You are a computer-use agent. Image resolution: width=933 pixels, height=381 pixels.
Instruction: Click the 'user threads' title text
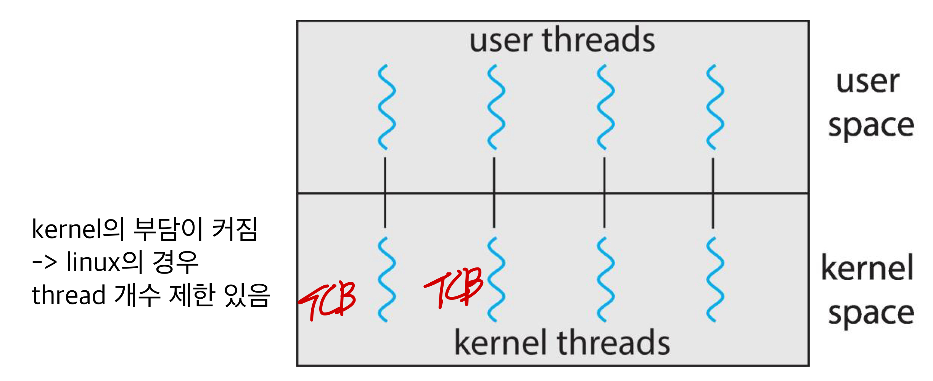(x=562, y=40)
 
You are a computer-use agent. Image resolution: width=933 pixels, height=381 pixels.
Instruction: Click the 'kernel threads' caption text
(x=562, y=343)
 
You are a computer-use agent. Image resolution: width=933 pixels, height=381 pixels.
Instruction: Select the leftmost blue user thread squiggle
(x=386, y=107)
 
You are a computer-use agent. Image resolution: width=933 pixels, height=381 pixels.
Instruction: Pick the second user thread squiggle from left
(x=495, y=107)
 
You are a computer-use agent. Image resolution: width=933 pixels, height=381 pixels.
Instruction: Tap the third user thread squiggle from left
(x=605, y=107)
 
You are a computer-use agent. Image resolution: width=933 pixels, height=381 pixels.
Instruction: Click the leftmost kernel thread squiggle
(x=386, y=279)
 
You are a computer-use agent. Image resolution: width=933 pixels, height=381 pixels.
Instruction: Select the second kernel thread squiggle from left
(x=496, y=279)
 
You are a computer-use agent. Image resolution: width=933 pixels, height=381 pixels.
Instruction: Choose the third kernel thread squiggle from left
(x=605, y=279)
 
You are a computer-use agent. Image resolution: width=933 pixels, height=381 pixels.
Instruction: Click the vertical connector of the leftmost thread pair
(x=385, y=192)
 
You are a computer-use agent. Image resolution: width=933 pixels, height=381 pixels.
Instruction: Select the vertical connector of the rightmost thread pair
(x=713, y=192)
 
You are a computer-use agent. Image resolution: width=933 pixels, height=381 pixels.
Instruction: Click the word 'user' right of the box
(x=867, y=82)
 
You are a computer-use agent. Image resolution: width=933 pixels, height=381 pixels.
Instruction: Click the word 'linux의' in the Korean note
(x=105, y=262)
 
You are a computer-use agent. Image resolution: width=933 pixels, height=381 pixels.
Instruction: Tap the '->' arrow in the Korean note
(x=45, y=262)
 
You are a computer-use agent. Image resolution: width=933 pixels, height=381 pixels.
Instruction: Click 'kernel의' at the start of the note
(x=78, y=229)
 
